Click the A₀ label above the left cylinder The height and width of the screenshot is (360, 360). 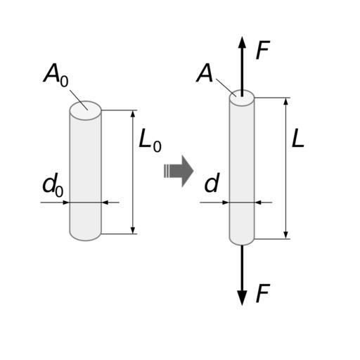[x=56, y=75]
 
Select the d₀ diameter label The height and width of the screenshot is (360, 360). [x=53, y=185]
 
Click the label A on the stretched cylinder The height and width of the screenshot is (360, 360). [x=205, y=72]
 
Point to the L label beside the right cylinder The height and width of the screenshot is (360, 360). [x=298, y=138]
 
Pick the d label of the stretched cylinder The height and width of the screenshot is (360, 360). [x=212, y=183]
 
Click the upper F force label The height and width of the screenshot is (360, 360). [x=263, y=50]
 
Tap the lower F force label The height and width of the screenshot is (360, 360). [x=263, y=293]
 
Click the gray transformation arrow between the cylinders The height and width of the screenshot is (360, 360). [x=179, y=171]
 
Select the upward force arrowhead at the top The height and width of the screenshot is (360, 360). [x=242, y=42]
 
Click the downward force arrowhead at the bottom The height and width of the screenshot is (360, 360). [x=242, y=298]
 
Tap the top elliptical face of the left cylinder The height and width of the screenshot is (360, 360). [x=86, y=110]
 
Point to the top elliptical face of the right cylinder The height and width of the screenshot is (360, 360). [x=242, y=98]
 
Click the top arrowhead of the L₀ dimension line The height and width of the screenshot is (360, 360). [x=133, y=114]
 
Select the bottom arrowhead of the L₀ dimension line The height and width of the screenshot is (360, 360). [x=133, y=230]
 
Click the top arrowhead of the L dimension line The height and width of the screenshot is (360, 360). [x=285, y=101]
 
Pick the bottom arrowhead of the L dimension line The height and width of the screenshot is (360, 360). [x=285, y=236]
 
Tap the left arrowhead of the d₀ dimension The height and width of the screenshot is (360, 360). [x=66, y=202]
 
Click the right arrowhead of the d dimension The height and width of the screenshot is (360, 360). [x=258, y=202]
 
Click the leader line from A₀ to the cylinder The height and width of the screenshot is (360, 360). [x=79, y=100]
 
